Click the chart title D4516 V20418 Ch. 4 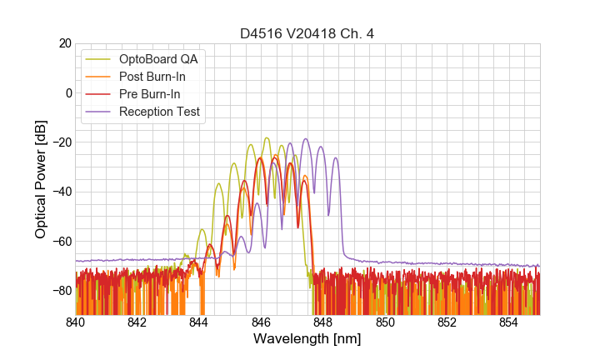click(x=307, y=34)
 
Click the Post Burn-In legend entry click(x=152, y=77)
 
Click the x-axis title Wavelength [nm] click(x=307, y=340)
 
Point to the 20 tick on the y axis click(x=64, y=43)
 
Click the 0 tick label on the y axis click(x=67, y=92)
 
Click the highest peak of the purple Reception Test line click(x=306, y=138)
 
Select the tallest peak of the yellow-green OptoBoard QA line click(x=267, y=137)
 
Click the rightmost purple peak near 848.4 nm click(x=336, y=157)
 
